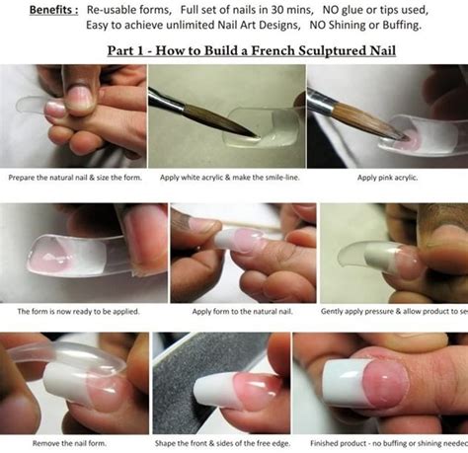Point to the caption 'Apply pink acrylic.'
pyautogui.click(x=380, y=178)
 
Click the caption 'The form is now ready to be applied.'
pyautogui.click(x=74, y=311)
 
